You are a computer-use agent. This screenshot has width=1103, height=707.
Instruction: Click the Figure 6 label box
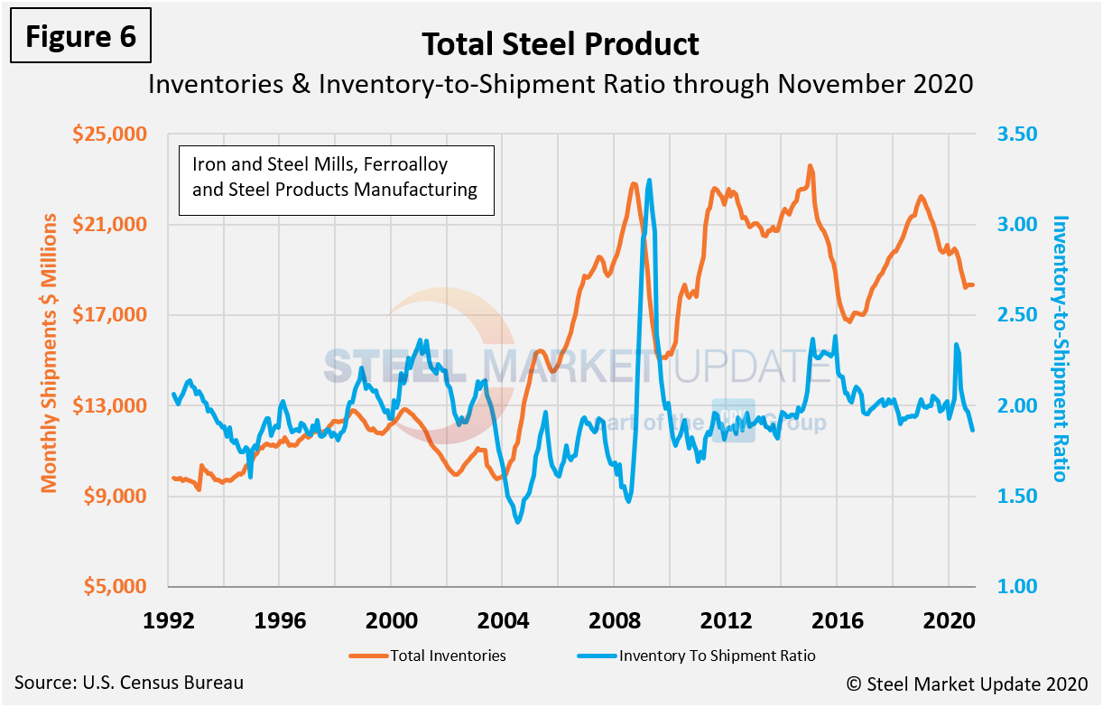(81, 36)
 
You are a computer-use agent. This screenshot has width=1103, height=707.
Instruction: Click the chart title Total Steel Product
(560, 43)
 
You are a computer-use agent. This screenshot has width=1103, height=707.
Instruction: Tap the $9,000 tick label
(113, 496)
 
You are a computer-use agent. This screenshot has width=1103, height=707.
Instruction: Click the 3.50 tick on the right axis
(1017, 134)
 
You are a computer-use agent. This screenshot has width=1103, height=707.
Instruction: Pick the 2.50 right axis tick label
(1017, 315)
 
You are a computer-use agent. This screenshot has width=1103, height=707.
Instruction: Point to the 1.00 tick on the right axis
(1017, 586)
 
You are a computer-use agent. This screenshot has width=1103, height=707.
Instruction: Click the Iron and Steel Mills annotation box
(336, 179)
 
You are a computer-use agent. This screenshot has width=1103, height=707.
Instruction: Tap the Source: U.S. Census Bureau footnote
(128, 683)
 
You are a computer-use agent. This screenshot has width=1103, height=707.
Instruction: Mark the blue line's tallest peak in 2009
(650, 180)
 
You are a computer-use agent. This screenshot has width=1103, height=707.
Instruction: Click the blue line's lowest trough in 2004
(517, 522)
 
